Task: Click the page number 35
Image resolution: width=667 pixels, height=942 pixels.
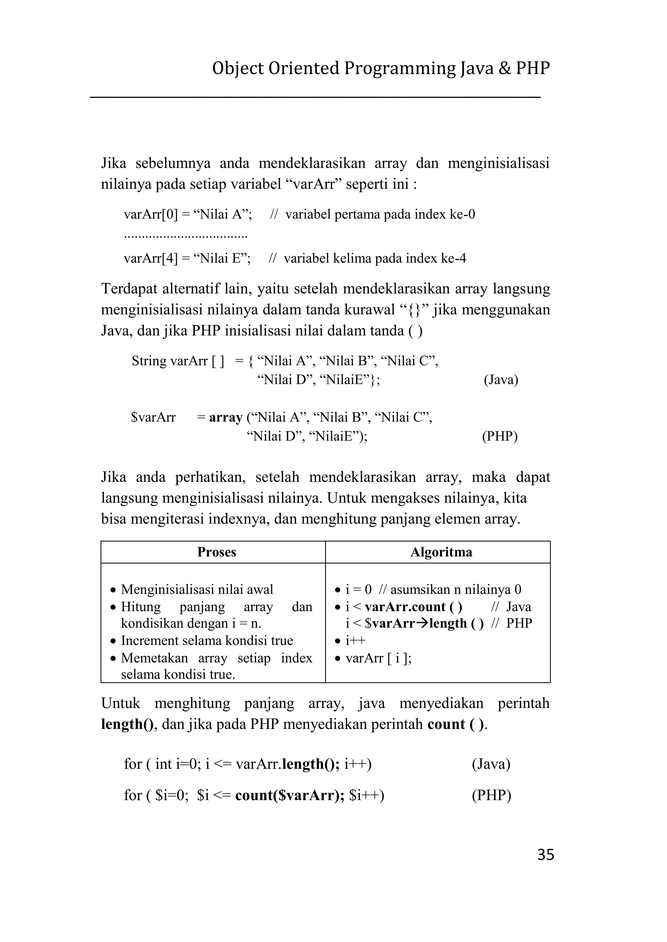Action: click(546, 855)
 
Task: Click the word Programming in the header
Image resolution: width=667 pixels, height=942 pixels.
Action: click(400, 69)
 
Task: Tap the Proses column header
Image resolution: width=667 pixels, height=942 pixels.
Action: click(217, 552)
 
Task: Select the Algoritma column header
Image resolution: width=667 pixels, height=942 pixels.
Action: click(441, 552)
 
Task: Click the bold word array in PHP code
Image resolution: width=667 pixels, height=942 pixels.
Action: click(225, 417)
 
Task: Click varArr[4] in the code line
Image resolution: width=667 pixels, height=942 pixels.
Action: click(151, 258)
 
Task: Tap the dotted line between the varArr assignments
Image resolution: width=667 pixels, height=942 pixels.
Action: click(186, 237)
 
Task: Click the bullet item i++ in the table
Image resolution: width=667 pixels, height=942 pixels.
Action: click(355, 640)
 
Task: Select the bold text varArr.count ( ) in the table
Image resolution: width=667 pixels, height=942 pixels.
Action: click(413, 606)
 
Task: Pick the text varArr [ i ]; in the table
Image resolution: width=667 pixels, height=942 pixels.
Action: click(378, 658)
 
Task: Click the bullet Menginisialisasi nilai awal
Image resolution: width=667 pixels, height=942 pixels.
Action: click(197, 590)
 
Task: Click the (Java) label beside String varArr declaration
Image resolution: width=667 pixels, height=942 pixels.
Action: click(501, 380)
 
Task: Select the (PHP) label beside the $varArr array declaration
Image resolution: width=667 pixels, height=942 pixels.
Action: click(499, 436)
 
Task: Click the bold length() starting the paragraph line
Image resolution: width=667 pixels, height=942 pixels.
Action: click(127, 724)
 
